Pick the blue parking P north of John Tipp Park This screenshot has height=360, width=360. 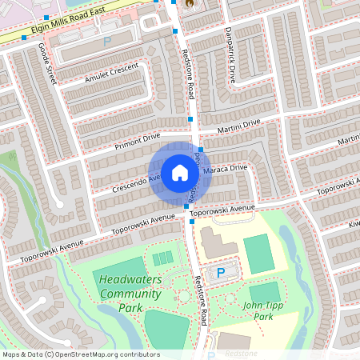221,273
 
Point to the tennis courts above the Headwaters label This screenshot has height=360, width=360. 162,258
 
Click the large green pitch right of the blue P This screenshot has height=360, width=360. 258,254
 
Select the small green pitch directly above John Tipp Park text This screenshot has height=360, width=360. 264,290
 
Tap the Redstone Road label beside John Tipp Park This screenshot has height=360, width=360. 201,300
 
